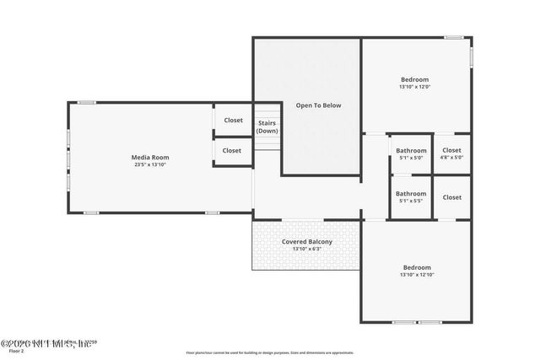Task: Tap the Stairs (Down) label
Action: tap(267, 126)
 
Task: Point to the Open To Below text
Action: tap(321, 105)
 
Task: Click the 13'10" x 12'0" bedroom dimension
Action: tap(414, 87)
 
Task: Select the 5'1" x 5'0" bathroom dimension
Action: tap(411, 158)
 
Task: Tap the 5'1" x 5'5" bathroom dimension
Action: tap(411, 201)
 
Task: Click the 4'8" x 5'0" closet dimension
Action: tap(452, 158)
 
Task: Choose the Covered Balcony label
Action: tap(307, 242)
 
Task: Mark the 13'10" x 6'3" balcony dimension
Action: tap(307, 250)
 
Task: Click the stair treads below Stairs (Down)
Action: tap(267, 142)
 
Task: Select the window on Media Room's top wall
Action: tap(86, 103)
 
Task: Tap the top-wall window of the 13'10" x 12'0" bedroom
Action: tap(454, 37)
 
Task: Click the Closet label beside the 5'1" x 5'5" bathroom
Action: tap(452, 197)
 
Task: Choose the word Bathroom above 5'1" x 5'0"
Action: tap(411, 150)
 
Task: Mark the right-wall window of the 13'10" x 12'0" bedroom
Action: tap(471, 56)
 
